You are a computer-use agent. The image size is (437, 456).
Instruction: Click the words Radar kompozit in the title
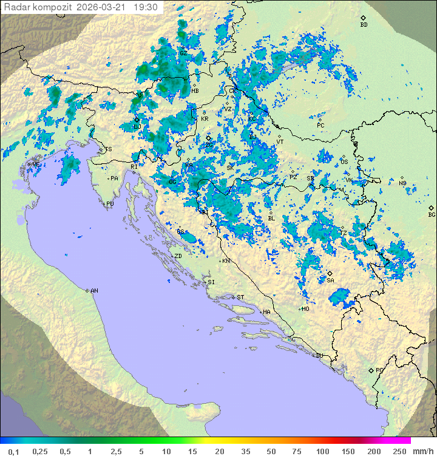click(38, 7)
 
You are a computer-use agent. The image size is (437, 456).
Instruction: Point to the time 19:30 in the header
click(146, 7)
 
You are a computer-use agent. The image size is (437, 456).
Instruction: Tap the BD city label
click(364, 25)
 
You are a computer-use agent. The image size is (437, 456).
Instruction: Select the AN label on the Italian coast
click(94, 291)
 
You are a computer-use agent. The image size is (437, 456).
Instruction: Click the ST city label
click(240, 297)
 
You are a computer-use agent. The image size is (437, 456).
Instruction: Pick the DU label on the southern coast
click(319, 356)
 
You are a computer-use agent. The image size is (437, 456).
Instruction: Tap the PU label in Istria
click(110, 204)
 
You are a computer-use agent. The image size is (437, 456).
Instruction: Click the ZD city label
click(178, 256)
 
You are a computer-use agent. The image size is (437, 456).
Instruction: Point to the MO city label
click(306, 308)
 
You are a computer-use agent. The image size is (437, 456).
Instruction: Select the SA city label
click(330, 280)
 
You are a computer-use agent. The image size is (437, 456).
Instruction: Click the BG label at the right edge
click(432, 214)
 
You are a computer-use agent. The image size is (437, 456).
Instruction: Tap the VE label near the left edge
click(36, 165)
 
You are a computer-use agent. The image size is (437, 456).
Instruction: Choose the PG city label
click(379, 370)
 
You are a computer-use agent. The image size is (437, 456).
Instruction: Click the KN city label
click(226, 261)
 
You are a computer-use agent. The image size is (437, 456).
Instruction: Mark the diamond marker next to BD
click(363, 18)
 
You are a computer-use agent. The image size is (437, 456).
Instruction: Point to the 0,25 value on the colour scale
click(40, 451)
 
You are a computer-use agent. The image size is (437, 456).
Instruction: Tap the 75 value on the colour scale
click(296, 451)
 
